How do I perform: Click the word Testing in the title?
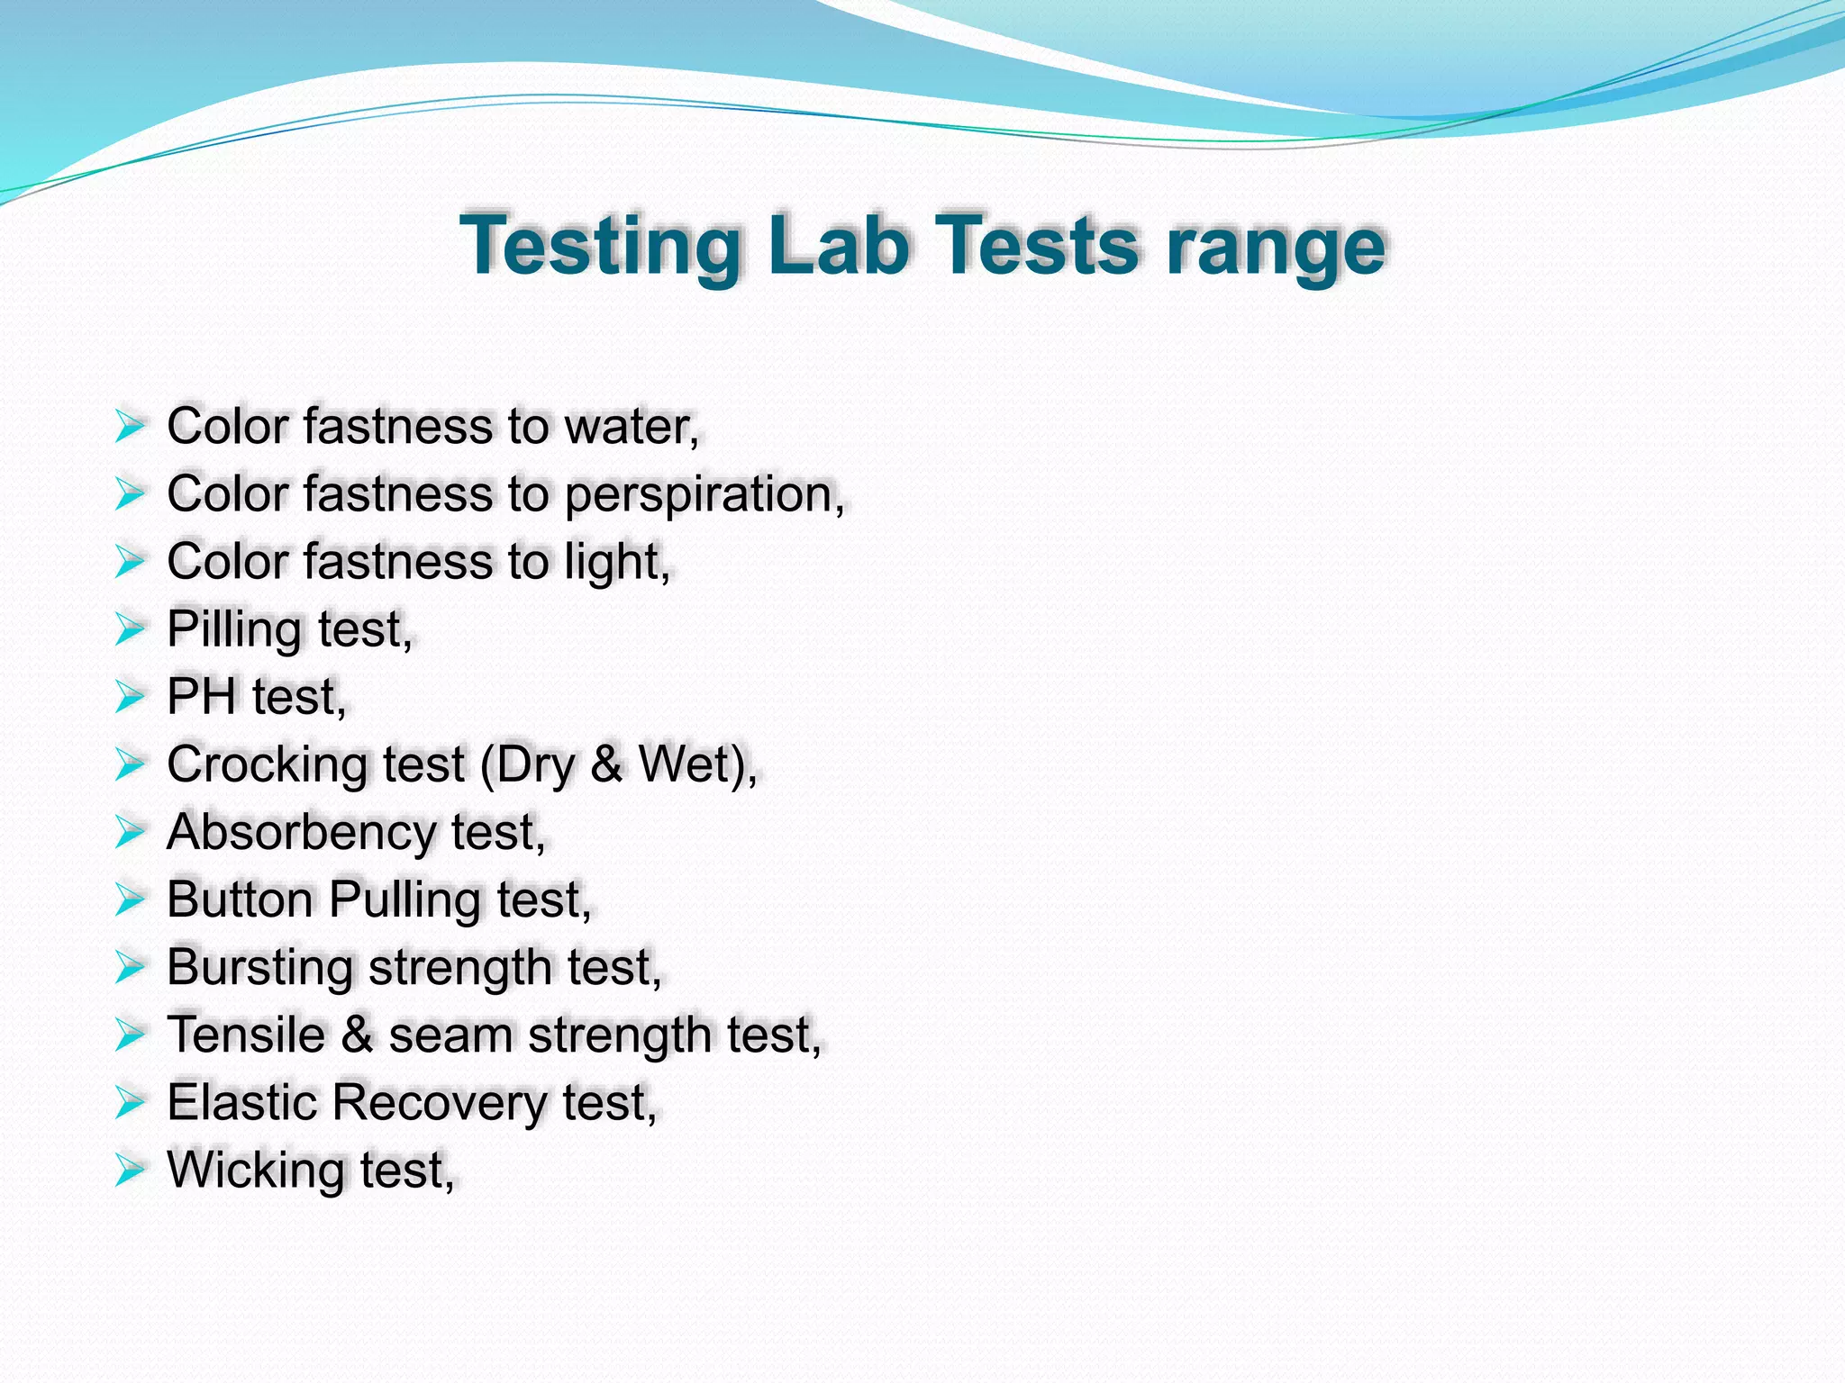click(600, 245)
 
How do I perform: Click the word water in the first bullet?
click(629, 426)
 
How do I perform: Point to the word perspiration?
click(703, 494)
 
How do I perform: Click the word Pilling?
click(234, 629)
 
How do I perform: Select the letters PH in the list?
click(201, 697)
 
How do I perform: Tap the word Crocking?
click(267, 764)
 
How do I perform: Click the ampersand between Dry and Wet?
click(606, 764)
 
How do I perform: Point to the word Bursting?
click(259, 967)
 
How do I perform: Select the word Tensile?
click(246, 1035)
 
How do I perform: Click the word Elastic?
click(241, 1102)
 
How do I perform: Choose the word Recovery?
click(439, 1102)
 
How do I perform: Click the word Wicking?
click(255, 1170)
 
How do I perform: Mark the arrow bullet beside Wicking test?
click(130, 1171)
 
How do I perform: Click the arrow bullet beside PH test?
click(130, 697)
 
